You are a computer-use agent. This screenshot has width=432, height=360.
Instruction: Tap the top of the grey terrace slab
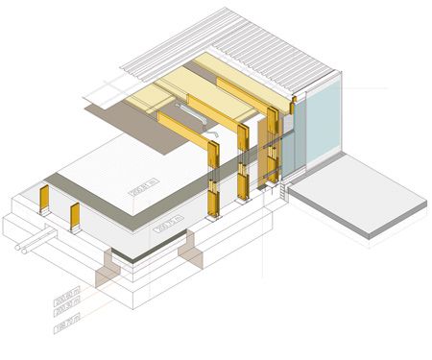pos(360,196)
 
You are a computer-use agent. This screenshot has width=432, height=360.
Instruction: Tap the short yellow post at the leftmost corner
pos(43,202)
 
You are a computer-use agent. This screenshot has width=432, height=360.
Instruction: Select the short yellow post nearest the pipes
pos(75,219)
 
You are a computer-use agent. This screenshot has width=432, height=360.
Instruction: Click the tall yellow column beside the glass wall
pos(275,144)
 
